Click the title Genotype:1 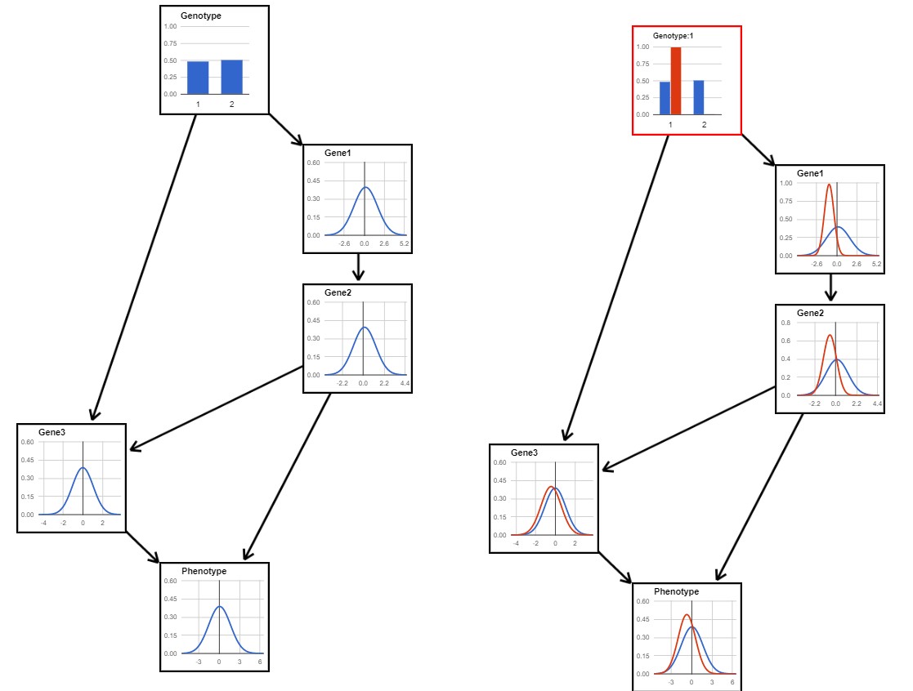pos(674,36)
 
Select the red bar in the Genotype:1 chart pos(675,81)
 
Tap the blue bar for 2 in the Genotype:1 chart pos(699,98)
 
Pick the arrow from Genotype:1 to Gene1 pos(759,150)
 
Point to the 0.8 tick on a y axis pos(786,323)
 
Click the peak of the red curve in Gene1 pos(829,185)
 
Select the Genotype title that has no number pos(201,16)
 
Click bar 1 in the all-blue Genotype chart pos(198,78)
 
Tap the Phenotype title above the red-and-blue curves pos(676,591)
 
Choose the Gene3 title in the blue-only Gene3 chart pos(51,432)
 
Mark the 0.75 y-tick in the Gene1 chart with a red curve pos(786,201)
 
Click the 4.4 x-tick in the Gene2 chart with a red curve pos(877,403)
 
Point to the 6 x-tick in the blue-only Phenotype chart pos(260,662)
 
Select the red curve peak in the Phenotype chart pos(687,615)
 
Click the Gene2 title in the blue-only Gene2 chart pos(338,292)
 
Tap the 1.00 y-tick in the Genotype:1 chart pos(642,47)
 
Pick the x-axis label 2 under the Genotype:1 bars pos(704,124)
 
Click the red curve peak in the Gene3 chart pos(551,487)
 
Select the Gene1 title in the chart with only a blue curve pos(338,153)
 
